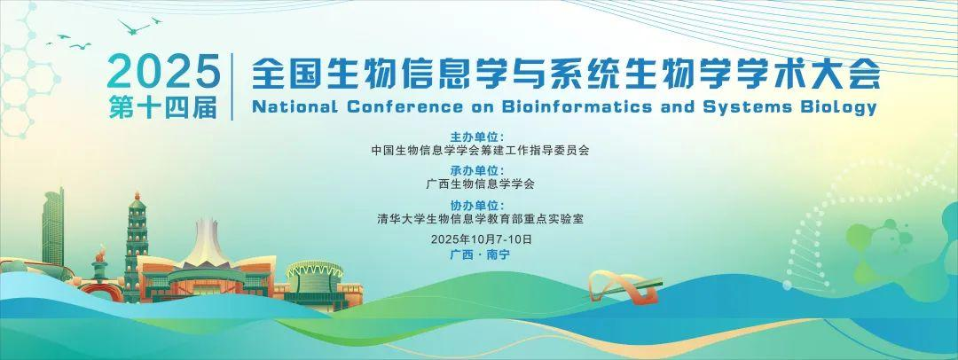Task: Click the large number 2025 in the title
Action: (x=163, y=72)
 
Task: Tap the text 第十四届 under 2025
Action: (x=163, y=107)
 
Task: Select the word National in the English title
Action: (x=294, y=106)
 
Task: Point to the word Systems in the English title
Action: (x=744, y=107)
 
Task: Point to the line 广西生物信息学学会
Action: (x=480, y=184)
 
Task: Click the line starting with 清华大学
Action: (x=480, y=218)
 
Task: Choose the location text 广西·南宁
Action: (x=480, y=254)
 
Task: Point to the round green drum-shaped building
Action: (x=315, y=278)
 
